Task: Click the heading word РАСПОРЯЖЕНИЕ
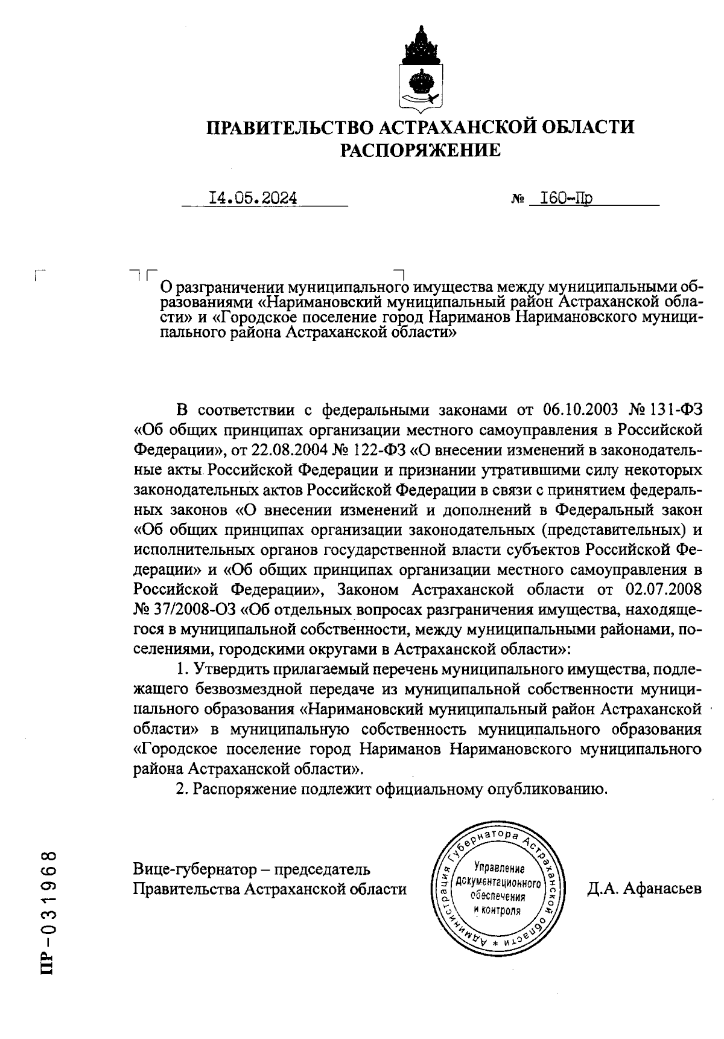pyautogui.click(x=421, y=150)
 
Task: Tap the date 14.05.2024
pyautogui.click(x=253, y=198)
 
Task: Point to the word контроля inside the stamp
pyautogui.click(x=500, y=909)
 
